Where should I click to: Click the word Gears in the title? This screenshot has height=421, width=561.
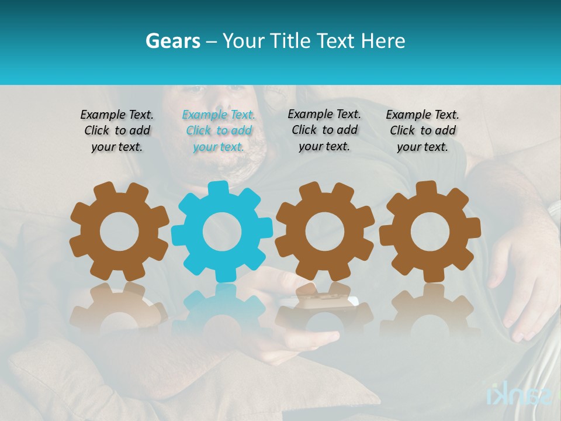click(172, 41)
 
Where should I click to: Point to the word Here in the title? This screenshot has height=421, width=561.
click(383, 41)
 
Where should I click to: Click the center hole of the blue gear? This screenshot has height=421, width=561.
click(221, 232)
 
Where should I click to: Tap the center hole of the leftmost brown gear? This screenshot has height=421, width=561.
click(119, 232)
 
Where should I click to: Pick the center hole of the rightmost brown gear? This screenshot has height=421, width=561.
click(430, 232)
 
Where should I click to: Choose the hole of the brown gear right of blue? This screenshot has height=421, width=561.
click(324, 232)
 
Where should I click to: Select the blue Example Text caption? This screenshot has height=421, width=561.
click(219, 131)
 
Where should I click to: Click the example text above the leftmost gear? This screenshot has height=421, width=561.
click(117, 131)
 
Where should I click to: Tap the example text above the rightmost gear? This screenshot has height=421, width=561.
click(423, 131)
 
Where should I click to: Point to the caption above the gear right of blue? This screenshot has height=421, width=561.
click(324, 130)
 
